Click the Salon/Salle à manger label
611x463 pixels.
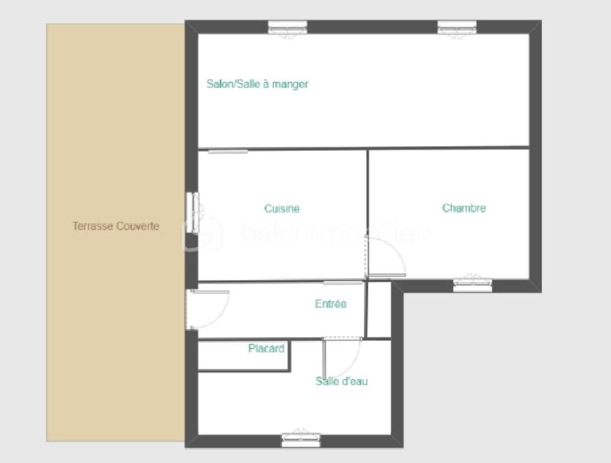[x=257, y=84]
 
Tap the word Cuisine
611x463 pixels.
[x=282, y=208]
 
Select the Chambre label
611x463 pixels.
[x=464, y=208]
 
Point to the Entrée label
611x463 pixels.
[x=330, y=304]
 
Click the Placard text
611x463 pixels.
[x=266, y=348]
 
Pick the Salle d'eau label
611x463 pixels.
[x=341, y=381]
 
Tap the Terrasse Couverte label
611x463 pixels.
[x=116, y=226]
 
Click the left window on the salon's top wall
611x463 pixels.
[x=288, y=27]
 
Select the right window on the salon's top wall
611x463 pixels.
[x=457, y=27]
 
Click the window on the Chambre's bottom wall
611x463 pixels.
[x=473, y=285]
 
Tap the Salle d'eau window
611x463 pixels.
[x=301, y=440]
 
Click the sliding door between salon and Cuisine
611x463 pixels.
[x=228, y=151]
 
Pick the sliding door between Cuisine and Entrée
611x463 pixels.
[x=343, y=283]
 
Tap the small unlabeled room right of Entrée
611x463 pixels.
[x=378, y=310]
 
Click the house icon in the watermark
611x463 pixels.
[x=203, y=234]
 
